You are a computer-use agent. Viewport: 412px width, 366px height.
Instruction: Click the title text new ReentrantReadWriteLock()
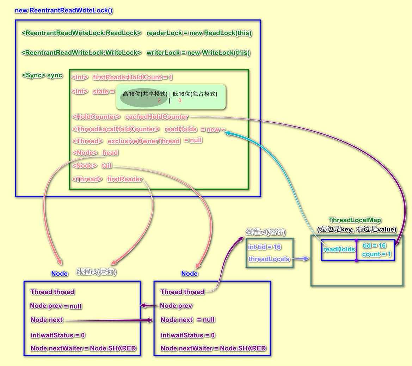(x=64, y=11)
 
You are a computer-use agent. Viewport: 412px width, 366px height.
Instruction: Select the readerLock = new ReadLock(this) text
(x=199, y=33)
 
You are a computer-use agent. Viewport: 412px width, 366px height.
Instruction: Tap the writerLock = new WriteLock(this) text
(x=198, y=53)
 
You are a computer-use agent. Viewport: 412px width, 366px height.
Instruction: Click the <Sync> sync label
(x=42, y=75)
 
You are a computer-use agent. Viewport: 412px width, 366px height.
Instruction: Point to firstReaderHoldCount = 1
(x=133, y=77)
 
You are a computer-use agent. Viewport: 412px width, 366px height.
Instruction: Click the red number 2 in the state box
(x=159, y=100)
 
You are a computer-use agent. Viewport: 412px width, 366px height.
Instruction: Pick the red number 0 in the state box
(x=180, y=100)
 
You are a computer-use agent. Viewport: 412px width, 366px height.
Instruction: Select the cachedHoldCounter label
(x=156, y=117)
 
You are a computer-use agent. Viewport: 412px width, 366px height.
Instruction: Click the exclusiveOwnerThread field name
(x=144, y=141)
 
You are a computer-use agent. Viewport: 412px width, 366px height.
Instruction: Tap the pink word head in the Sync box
(x=110, y=153)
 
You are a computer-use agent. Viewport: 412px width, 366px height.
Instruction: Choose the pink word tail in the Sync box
(x=107, y=166)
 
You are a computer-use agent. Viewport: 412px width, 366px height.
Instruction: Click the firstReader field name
(x=125, y=179)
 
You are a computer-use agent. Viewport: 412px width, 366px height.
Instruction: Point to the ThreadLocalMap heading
(x=355, y=220)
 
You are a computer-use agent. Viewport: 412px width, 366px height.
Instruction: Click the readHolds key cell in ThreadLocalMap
(x=339, y=249)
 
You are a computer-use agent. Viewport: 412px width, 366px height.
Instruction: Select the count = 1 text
(x=377, y=254)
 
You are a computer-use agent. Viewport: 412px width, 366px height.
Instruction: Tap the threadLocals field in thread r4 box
(x=269, y=259)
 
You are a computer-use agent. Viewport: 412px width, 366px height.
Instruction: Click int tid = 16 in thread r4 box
(x=264, y=247)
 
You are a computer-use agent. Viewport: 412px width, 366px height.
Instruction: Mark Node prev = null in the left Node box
(x=56, y=306)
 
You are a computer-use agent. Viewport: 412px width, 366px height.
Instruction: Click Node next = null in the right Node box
(x=188, y=320)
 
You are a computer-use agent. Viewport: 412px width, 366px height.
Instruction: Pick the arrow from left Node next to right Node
(x=109, y=320)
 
